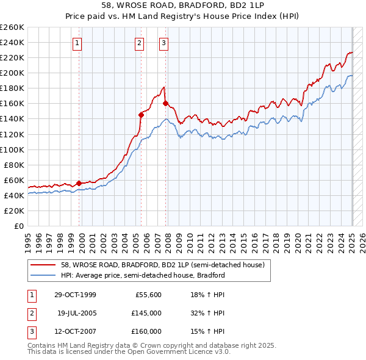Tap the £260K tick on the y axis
click(12, 27)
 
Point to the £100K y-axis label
click(12, 149)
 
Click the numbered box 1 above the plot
click(78, 43)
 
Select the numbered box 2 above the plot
click(140, 43)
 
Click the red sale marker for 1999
click(79, 183)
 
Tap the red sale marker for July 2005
click(141, 114)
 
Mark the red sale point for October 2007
click(165, 103)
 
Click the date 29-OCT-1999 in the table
click(75, 295)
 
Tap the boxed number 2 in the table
click(30, 313)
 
